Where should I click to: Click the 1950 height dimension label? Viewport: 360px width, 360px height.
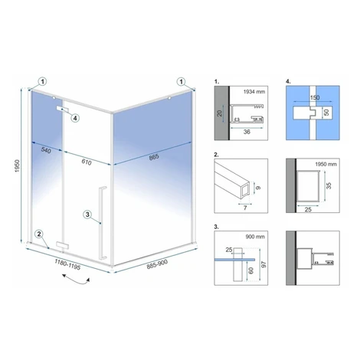point(17,166)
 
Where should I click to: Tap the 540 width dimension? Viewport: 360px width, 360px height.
point(46,150)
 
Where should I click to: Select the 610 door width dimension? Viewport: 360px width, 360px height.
point(87,162)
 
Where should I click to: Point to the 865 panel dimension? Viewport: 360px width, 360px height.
point(154,157)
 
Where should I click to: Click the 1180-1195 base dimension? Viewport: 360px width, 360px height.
point(67,264)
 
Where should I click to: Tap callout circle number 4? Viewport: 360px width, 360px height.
point(75,118)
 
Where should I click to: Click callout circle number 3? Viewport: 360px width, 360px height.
point(87,214)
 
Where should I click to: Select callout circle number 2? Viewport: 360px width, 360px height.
point(39,234)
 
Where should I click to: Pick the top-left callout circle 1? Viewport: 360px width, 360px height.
point(43,82)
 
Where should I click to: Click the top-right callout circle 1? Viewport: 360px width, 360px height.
point(182,82)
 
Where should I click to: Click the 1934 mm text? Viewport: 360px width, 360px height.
point(254,92)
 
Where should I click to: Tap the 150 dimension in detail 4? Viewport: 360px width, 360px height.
point(314,97)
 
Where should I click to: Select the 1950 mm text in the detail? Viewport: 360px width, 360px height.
point(326,164)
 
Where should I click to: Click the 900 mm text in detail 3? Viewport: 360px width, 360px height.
point(255,237)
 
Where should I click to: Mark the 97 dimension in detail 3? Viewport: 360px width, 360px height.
point(264,264)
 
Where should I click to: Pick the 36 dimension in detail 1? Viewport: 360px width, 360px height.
point(247,132)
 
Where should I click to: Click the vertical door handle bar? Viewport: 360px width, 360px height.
point(103,223)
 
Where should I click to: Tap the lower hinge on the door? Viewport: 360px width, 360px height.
point(63,245)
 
